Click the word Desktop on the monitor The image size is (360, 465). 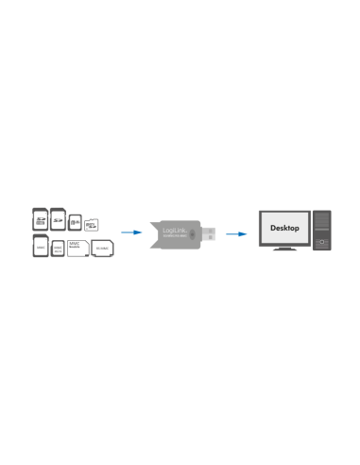[284, 228]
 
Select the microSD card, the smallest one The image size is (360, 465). [92, 226]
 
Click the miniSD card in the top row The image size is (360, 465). [75, 221]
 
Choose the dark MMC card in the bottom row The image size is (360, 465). [40, 248]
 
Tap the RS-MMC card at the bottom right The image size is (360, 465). [102, 249]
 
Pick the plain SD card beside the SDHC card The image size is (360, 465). [58, 218]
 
